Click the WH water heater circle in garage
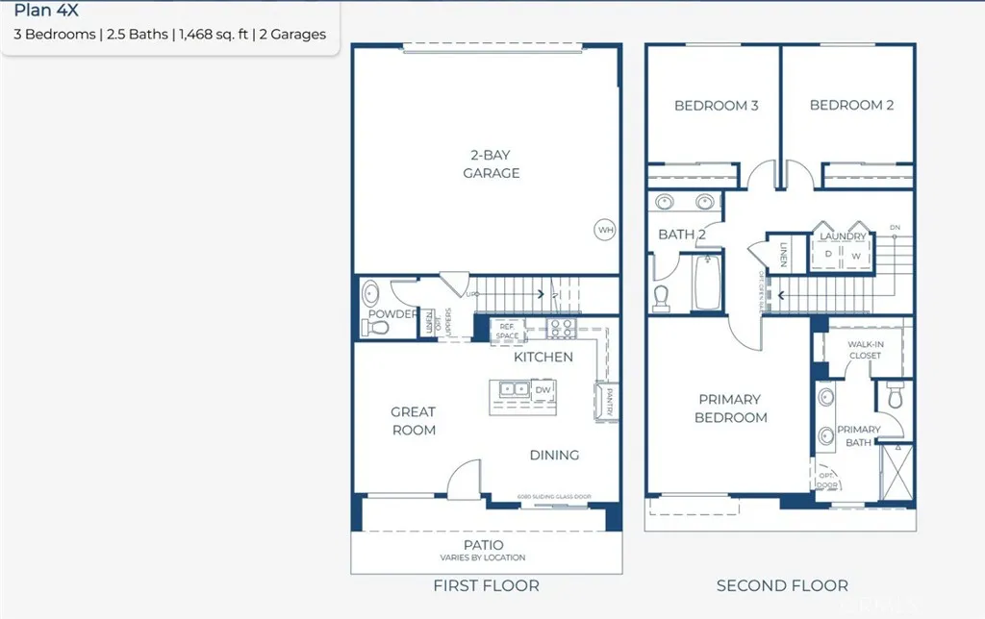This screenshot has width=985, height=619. point(605,230)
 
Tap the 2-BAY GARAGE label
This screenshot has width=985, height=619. point(492,163)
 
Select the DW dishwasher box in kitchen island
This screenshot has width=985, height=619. point(543,389)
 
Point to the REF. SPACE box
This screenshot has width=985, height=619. point(507,332)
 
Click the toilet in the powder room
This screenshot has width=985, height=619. point(379,328)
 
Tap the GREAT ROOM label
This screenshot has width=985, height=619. point(413,421)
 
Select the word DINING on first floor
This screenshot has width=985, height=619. point(554,455)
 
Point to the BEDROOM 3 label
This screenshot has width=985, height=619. point(716,106)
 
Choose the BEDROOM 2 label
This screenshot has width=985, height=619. point(851,106)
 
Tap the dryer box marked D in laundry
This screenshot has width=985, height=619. point(828,254)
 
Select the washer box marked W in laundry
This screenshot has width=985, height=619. point(855,255)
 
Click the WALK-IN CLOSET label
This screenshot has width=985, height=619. point(865,350)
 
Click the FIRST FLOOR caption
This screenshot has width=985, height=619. point(486,585)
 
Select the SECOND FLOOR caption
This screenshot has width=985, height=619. point(782,585)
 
